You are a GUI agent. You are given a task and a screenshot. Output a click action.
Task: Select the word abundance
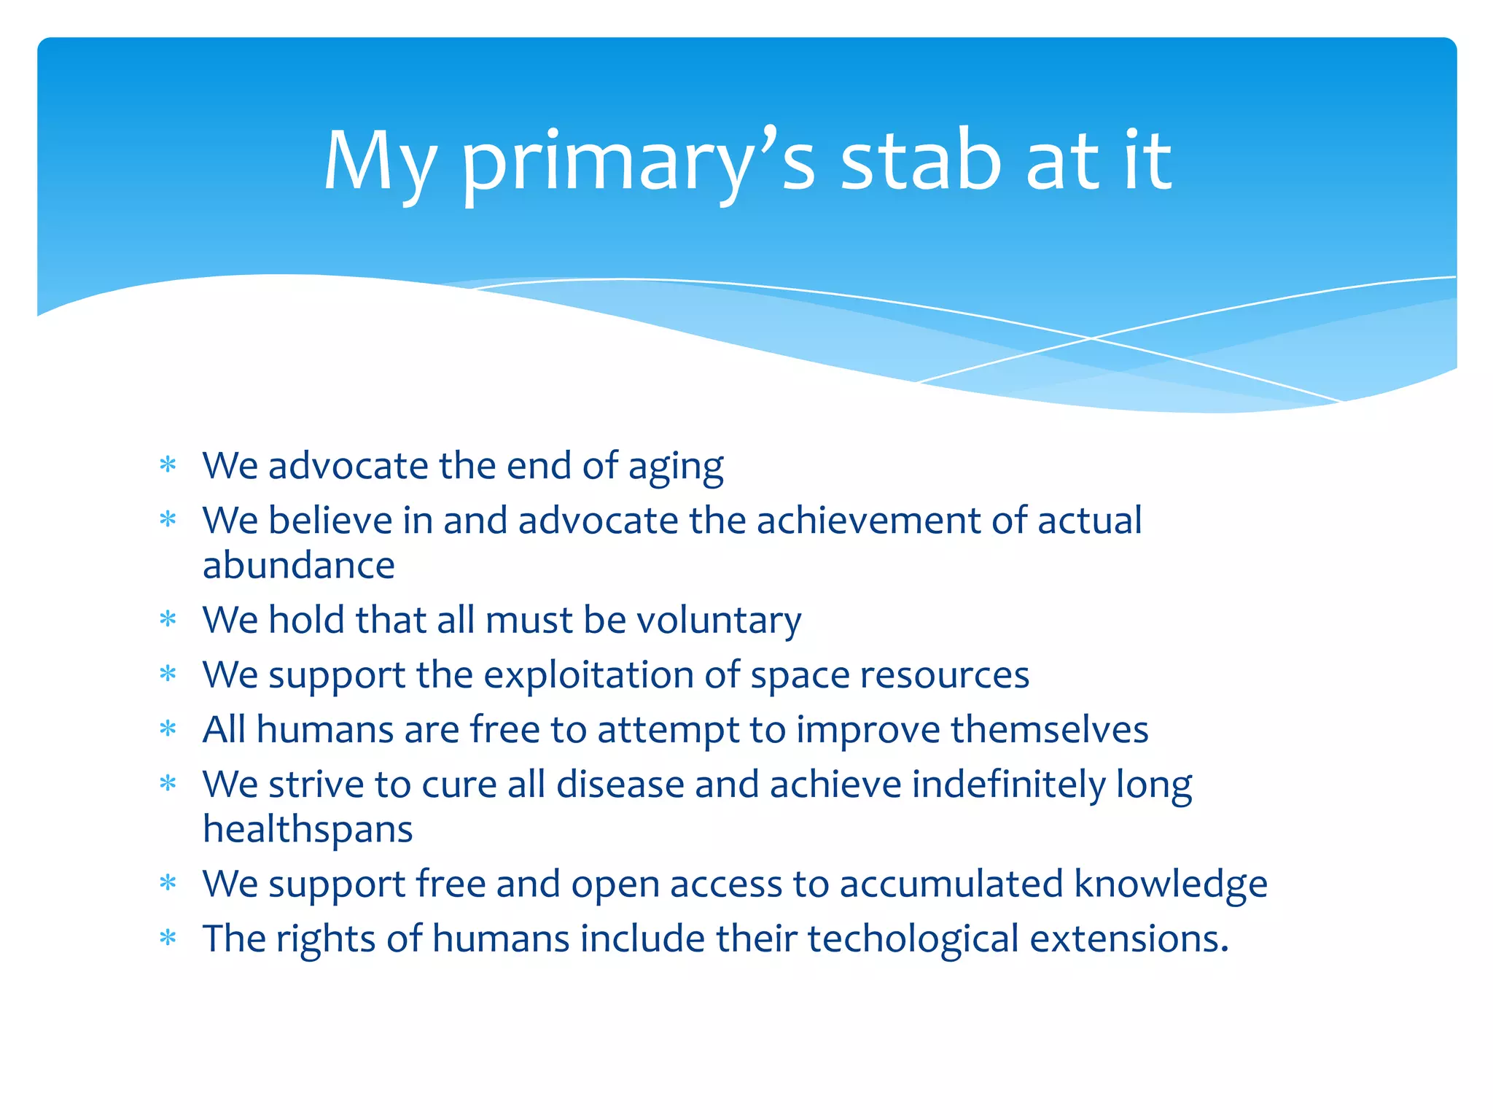[298, 566]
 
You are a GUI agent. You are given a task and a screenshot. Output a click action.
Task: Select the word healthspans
[308, 830]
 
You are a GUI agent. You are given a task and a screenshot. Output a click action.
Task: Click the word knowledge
[1170, 884]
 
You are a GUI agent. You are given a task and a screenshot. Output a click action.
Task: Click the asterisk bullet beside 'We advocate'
[168, 464]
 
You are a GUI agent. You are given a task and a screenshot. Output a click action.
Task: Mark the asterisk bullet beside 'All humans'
[168, 728]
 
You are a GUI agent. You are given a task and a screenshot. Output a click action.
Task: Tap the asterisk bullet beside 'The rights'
[168, 938]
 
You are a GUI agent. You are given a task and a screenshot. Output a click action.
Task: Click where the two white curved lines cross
[1091, 338]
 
